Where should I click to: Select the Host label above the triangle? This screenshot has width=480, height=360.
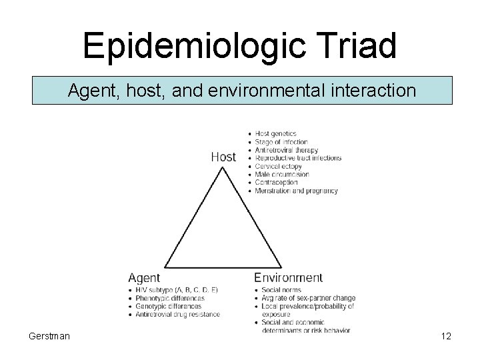223,157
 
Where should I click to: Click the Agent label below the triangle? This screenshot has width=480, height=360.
143,277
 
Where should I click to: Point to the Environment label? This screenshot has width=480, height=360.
289,277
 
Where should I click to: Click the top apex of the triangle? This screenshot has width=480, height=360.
223,167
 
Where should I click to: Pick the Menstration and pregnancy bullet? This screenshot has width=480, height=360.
296,191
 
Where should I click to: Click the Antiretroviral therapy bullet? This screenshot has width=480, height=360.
286,150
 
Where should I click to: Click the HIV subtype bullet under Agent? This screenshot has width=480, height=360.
177,290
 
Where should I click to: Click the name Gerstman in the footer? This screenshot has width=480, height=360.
48,336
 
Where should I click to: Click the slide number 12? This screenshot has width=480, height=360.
445,336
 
